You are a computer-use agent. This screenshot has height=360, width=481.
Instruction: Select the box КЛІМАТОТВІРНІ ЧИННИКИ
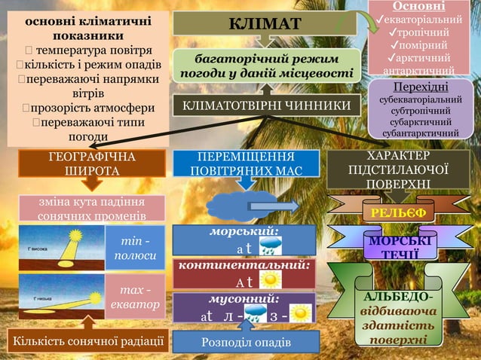pos(262,106)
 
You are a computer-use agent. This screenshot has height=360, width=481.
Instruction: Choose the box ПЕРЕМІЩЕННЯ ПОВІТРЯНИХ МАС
pos(246,165)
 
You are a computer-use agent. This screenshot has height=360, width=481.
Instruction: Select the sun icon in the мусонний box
pos(301,313)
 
